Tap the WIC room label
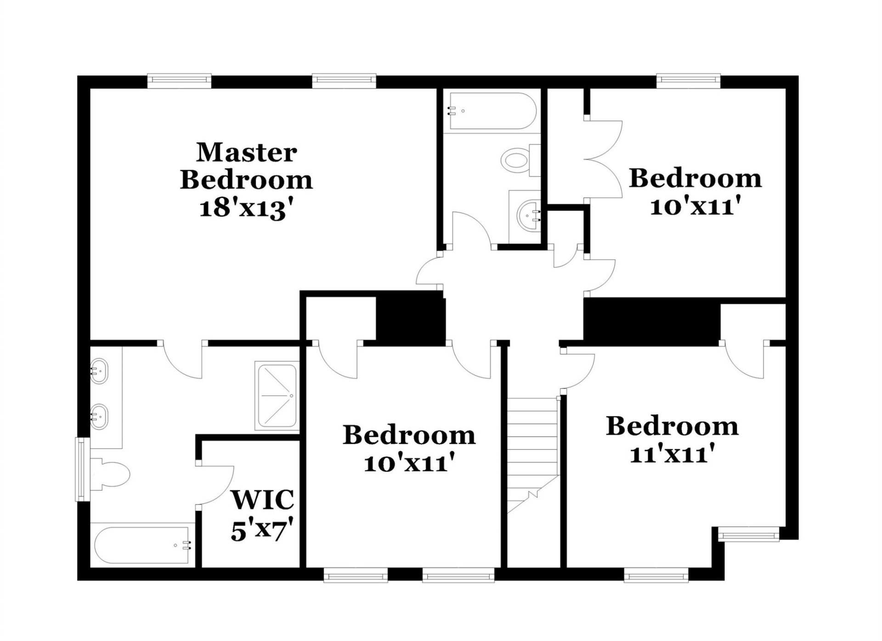262,500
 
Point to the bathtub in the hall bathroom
491,111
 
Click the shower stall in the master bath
277,396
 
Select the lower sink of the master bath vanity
98,416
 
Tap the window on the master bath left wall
82,469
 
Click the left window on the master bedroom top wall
179,81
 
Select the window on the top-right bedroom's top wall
688,81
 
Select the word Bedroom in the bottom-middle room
409,435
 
